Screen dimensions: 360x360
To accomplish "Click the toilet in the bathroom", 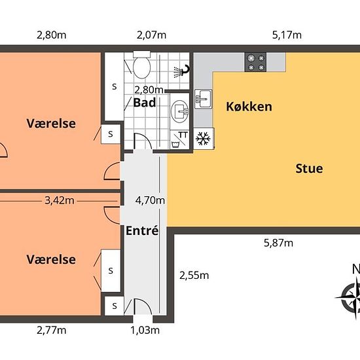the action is click(x=141, y=65).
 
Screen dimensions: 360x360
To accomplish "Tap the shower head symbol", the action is click(x=181, y=71).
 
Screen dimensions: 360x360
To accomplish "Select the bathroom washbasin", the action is click(x=179, y=111).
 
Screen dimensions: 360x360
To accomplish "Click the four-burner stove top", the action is click(x=255, y=62).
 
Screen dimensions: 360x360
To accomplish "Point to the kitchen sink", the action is click(x=203, y=99).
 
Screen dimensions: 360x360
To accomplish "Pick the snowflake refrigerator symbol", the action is click(x=203, y=139).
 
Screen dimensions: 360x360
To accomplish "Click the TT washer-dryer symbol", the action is click(x=180, y=139).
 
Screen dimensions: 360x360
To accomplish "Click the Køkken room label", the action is click(x=249, y=107).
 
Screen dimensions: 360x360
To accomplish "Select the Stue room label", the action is click(x=309, y=168).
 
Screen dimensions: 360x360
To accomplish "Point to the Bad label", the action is click(x=145, y=102).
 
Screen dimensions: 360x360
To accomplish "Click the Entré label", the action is click(x=142, y=230).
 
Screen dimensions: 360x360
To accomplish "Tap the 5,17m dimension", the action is click(x=287, y=35).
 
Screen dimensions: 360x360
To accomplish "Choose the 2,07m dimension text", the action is click(x=152, y=35).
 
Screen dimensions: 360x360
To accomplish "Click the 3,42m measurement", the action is click(x=60, y=201).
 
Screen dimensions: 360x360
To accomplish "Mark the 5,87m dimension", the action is click(x=278, y=243).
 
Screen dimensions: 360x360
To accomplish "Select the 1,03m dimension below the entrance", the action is click(x=145, y=331).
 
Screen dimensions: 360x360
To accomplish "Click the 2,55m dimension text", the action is click(x=194, y=276).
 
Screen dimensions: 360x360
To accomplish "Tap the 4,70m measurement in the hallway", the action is click(x=150, y=200).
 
